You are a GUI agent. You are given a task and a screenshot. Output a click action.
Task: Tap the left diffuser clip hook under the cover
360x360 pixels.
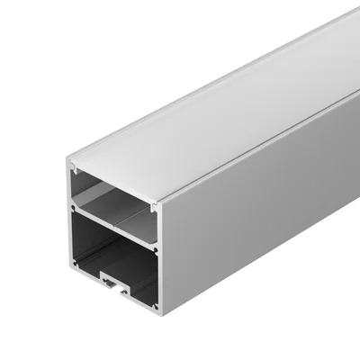[x=74, y=171]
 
